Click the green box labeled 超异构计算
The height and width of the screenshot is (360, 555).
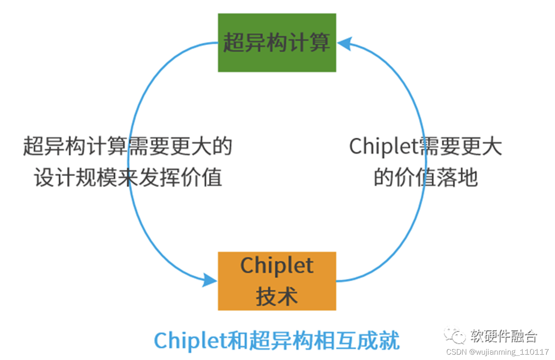(277, 43)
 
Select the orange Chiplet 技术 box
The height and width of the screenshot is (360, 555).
(277, 281)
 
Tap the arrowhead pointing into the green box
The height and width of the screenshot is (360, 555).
(344, 43)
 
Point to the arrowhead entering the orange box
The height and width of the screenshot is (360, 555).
(210, 280)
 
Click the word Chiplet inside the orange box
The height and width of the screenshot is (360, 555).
(277, 266)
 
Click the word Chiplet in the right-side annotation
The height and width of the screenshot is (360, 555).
(383, 147)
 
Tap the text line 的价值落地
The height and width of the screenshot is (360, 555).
(425, 178)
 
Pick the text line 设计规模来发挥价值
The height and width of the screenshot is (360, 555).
(128, 178)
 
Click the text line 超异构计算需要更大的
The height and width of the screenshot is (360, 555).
(128, 147)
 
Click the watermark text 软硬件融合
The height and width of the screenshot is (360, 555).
(504, 336)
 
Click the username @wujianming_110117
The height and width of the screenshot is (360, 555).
(509, 352)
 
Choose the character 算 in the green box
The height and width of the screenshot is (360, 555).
(320, 43)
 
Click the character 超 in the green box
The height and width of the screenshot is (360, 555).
(233, 43)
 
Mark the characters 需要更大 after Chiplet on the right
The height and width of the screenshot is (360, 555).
(460, 147)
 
